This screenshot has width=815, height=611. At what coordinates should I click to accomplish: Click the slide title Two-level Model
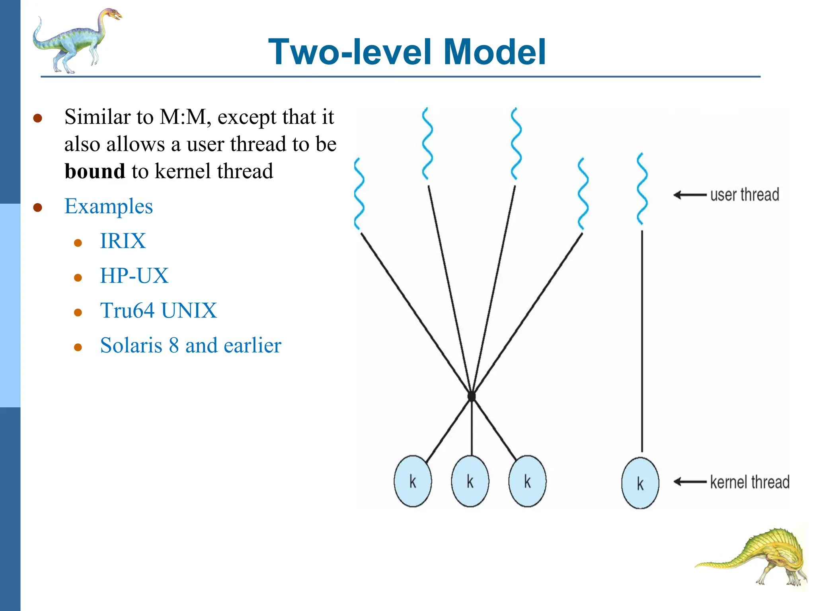tap(407, 52)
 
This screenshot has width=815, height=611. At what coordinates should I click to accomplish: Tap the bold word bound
tap(95, 171)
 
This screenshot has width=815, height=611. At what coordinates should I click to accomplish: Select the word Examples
tap(108, 206)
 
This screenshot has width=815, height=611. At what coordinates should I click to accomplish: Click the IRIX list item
tap(123, 241)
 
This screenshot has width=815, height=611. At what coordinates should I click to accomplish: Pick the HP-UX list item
tap(134, 276)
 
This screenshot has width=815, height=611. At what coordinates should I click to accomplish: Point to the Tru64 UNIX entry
tap(158, 311)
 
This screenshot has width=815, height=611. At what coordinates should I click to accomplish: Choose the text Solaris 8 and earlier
tap(191, 345)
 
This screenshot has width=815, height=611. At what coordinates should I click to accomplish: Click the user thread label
tap(744, 195)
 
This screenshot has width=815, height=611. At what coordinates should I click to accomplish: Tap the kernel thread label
tap(749, 482)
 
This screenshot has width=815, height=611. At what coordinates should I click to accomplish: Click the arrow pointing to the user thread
tap(690, 195)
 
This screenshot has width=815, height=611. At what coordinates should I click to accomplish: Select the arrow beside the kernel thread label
tap(690, 482)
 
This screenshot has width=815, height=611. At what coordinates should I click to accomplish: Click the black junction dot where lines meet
tap(472, 397)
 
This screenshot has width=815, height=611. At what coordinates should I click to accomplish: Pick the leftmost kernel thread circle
tap(413, 481)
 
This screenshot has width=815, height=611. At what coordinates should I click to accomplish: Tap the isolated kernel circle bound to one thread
tap(640, 483)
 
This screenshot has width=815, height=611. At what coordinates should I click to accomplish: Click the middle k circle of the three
tap(470, 481)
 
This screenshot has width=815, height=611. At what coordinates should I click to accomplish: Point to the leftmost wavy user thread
tap(359, 194)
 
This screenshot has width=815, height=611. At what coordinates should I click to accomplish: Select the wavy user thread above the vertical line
tap(642, 189)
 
